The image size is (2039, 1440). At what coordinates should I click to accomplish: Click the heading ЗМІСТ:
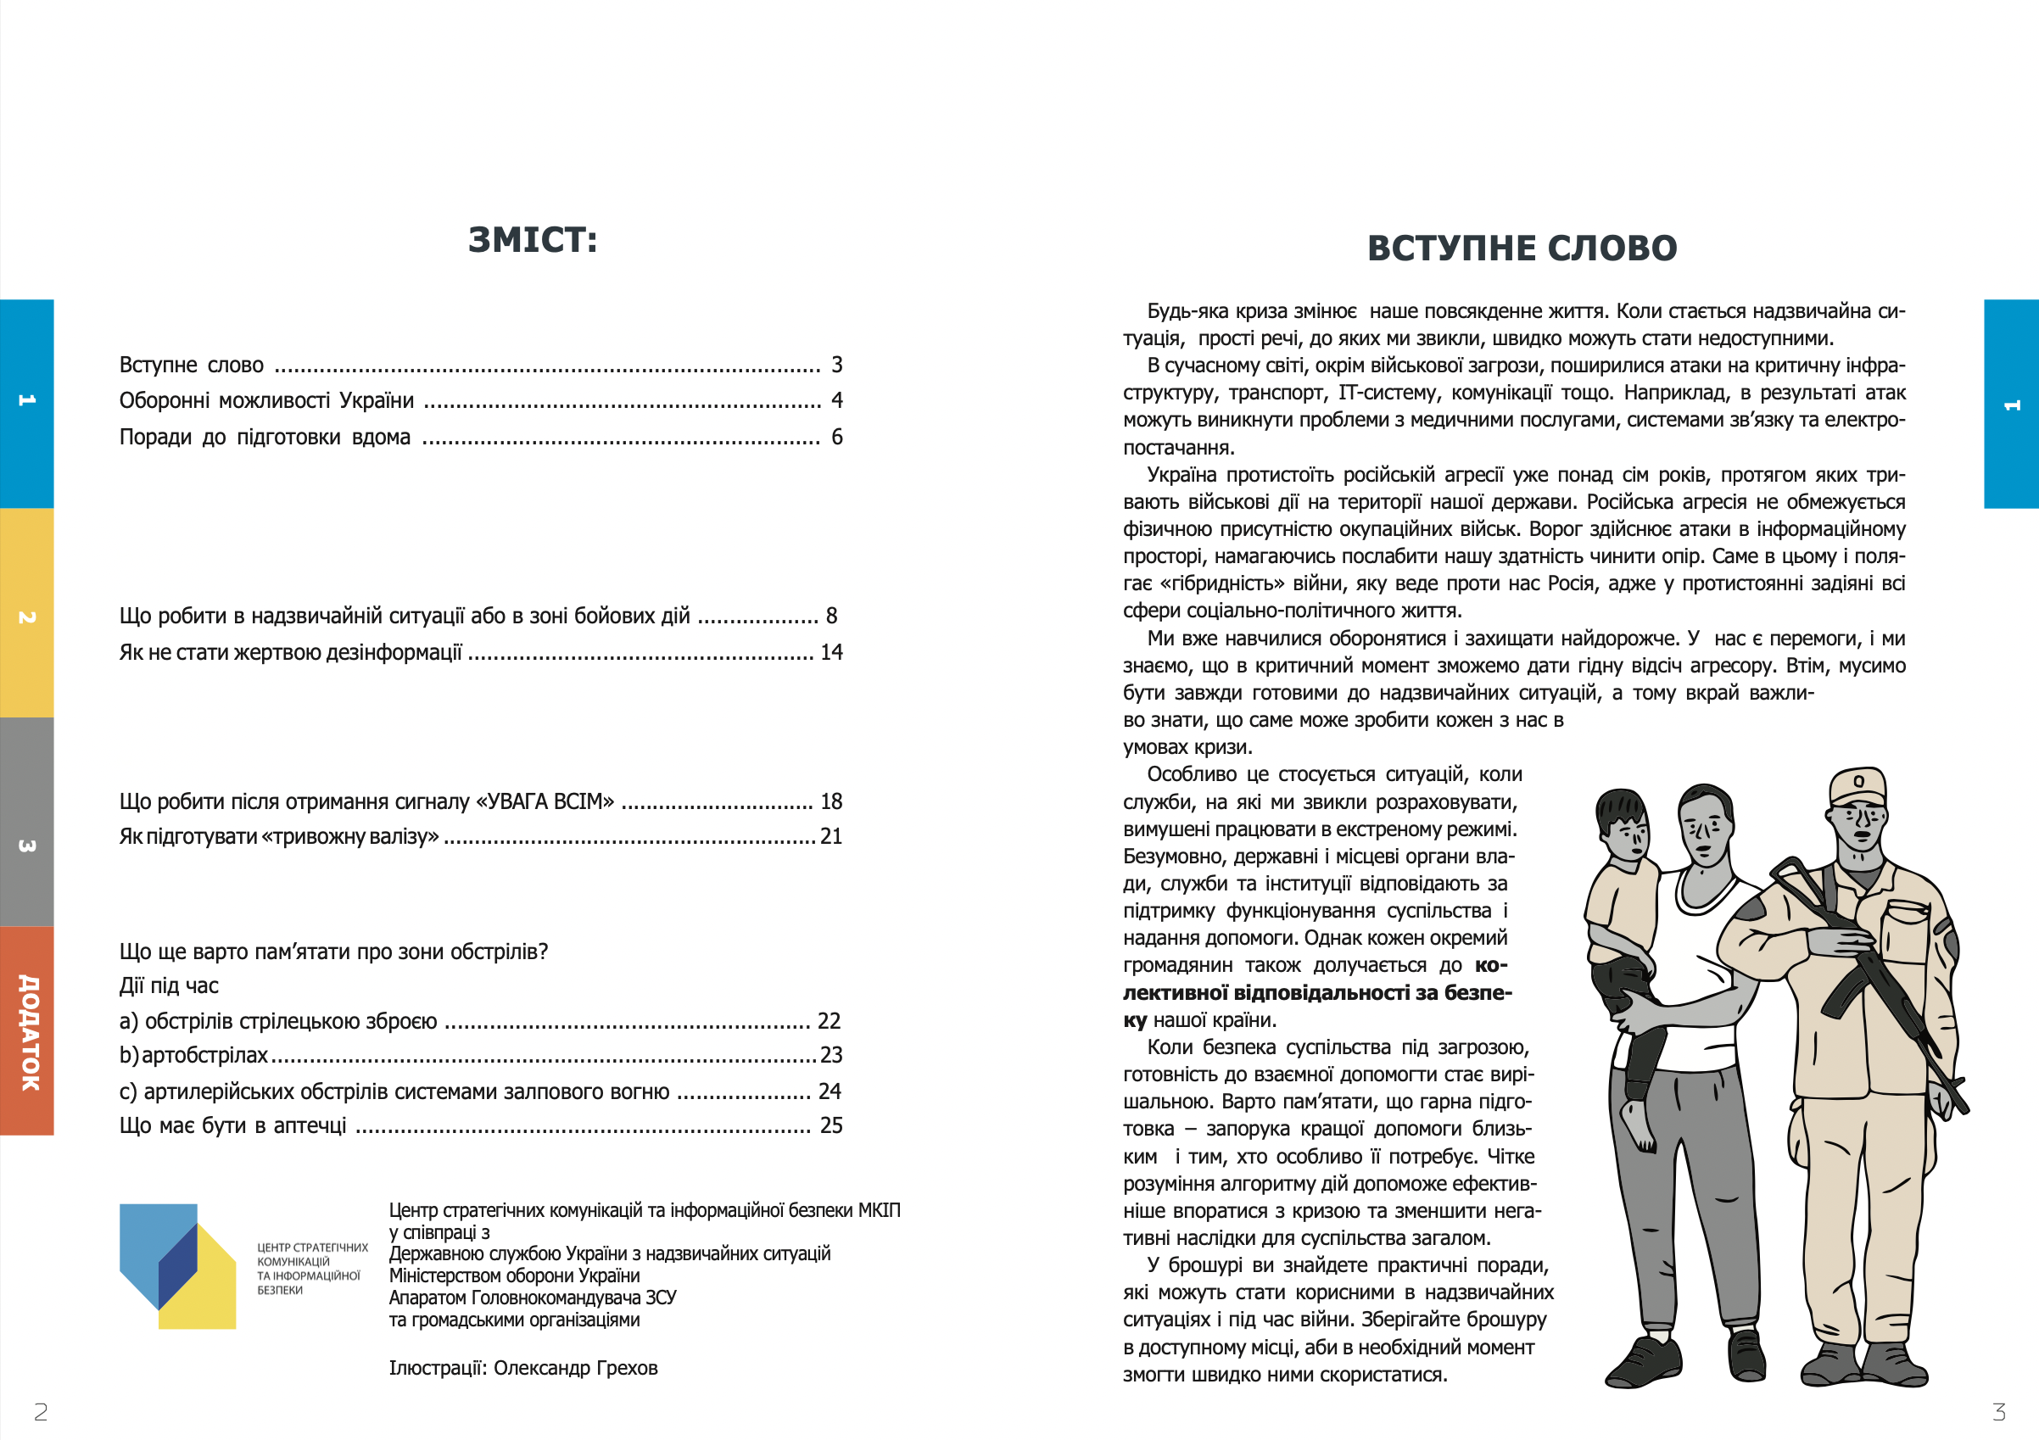[533, 240]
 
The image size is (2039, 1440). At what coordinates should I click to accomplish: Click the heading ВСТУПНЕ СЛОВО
[1522, 248]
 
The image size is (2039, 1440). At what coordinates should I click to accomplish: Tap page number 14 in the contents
[831, 652]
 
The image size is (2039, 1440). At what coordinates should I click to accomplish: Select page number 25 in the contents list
[831, 1125]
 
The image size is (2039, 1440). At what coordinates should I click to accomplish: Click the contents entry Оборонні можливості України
[266, 400]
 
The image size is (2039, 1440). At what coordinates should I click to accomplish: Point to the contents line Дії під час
[169, 985]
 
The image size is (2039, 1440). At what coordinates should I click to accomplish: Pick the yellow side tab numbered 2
[26, 613]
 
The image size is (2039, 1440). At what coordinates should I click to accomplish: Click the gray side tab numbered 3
[26, 822]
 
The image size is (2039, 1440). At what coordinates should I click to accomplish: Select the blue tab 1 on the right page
[2012, 404]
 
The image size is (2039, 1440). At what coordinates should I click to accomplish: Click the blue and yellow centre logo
[177, 1266]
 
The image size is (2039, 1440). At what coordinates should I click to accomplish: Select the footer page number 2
[41, 1412]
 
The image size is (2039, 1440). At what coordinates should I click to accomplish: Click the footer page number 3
[1999, 1412]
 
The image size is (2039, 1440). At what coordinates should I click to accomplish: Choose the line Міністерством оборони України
[514, 1275]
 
